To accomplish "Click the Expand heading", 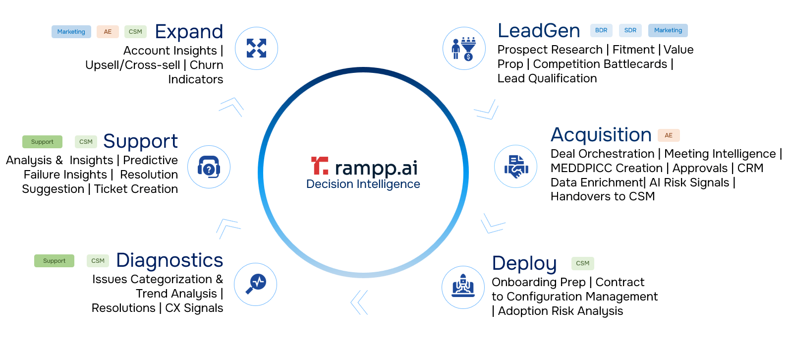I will click(189, 32).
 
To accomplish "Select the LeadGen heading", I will click(539, 31).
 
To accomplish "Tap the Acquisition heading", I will click(601, 135).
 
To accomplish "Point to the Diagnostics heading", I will click(169, 260).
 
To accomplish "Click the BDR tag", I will click(601, 30).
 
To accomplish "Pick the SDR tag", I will click(630, 30).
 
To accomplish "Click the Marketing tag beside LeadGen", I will click(668, 30).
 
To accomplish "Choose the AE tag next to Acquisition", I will click(669, 135).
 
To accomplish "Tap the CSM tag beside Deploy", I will click(583, 263).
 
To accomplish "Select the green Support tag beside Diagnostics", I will click(54, 261).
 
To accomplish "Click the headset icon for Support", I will click(209, 167).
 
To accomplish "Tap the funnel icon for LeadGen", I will click(464, 49).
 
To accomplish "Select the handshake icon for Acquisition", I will click(516, 167).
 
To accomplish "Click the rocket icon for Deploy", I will click(463, 287).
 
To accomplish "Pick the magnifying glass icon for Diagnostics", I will click(256, 284).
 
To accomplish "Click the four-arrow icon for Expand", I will click(256, 49).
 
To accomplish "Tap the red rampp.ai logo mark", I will click(319, 166).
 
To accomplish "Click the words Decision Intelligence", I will click(363, 184).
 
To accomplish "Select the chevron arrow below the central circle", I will click(359, 302).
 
